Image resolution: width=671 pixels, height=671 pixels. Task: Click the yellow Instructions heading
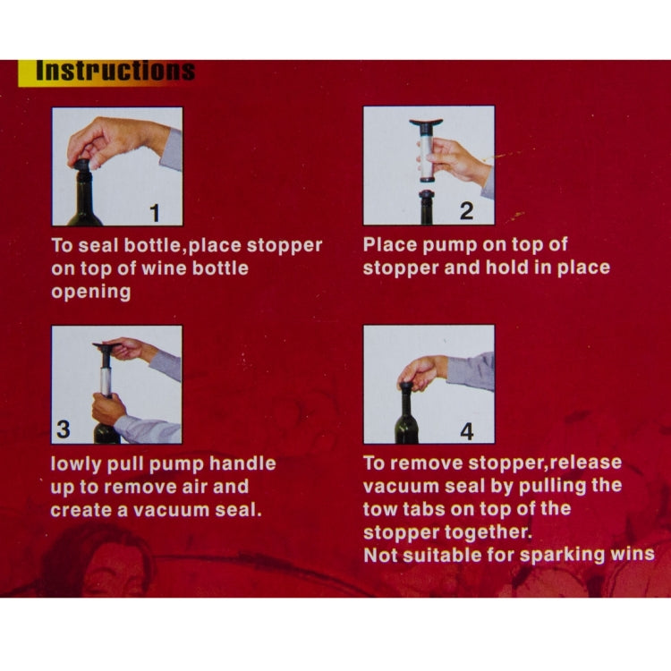tap(106, 72)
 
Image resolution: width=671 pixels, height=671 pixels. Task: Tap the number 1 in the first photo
tap(155, 213)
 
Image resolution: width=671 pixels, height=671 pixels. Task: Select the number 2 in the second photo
tap(466, 211)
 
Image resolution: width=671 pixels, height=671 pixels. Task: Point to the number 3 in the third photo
tap(64, 429)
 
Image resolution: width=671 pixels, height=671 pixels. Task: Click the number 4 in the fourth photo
tap(467, 431)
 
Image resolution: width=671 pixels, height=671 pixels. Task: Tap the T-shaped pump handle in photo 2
tap(426, 125)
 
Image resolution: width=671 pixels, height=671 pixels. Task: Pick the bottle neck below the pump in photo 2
tap(426, 208)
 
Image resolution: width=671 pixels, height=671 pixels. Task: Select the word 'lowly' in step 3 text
tap(76, 464)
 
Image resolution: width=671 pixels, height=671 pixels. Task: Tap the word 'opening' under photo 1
tap(90, 293)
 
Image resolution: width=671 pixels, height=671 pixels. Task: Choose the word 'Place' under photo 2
tap(390, 245)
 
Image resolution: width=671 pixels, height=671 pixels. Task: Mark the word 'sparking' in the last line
tap(563, 556)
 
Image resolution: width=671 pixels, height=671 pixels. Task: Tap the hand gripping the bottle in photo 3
tap(108, 409)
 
